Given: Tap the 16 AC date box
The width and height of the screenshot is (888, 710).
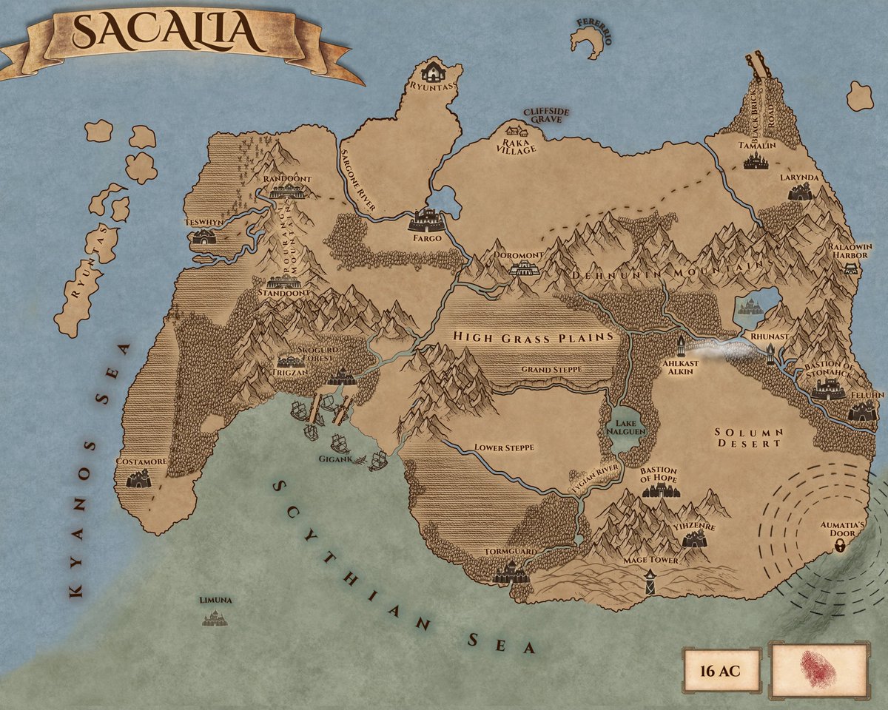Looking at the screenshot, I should [x=720, y=672].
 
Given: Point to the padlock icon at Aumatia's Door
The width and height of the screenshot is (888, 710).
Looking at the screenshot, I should [x=841, y=546].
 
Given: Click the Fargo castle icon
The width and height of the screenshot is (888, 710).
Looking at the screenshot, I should [x=427, y=220].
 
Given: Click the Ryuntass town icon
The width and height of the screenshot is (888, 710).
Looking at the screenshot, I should [x=431, y=72].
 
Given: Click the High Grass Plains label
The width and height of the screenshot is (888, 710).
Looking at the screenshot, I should [x=534, y=338].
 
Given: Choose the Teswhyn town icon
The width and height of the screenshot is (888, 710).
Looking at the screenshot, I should [x=201, y=237].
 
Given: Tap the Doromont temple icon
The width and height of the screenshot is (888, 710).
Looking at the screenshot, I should [x=524, y=268].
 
